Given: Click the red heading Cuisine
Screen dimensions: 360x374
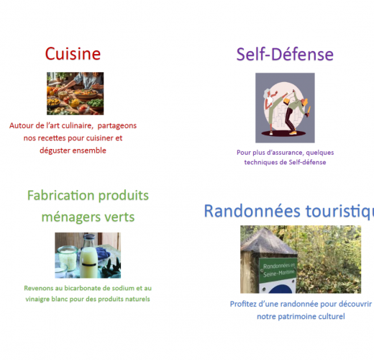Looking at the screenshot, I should tap(73, 53).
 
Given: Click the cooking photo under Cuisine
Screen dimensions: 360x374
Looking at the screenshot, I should tap(76, 93).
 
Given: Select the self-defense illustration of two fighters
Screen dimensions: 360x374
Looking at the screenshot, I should tap(285, 108).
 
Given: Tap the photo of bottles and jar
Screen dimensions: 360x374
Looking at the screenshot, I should tap(88, 255).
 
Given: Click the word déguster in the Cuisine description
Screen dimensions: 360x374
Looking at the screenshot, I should tap(57, 150).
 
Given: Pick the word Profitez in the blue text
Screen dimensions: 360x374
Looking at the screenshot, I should tap(245, 305).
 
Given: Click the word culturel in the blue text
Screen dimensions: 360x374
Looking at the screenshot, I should tap(330, 317).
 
